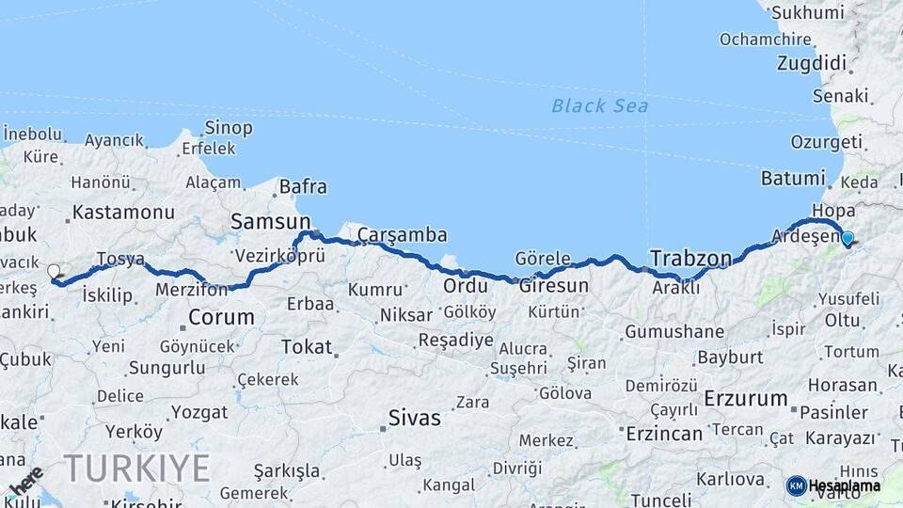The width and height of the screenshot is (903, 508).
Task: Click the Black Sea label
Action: click(x=599, y=105)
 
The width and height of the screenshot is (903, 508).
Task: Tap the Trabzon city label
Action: click(x=690, y=258)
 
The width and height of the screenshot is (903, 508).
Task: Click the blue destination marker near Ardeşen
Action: click(x=848, y=239)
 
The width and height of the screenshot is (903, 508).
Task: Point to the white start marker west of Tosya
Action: click(x=54, y=272)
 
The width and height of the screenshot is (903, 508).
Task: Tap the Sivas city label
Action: click(x=414, y=418)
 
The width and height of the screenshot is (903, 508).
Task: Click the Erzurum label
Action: click(x=745, y=398)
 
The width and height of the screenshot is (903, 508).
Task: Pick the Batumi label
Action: click(x=792, y=178)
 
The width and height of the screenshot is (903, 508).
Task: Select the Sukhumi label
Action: click(x=806, y=13)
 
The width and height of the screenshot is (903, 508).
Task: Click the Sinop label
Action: click(x=228, y=127)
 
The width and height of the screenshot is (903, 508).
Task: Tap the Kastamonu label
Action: click(x=122, y=212)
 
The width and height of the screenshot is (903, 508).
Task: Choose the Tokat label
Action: click(x=307, y=347)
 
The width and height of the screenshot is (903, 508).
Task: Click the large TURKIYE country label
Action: click(x=136, y=468)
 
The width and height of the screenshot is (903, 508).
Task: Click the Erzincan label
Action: click(x=663, y=434)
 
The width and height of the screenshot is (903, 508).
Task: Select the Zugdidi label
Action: click(x=812, y=64)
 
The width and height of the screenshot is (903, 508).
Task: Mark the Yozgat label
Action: click(x=199, y=412)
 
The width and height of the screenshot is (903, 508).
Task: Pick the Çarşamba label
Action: click(x=402, y=235)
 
